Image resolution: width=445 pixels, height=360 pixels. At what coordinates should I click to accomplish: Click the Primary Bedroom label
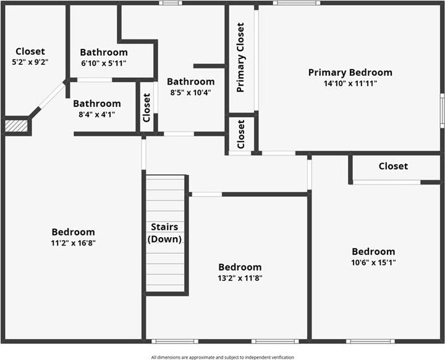350,73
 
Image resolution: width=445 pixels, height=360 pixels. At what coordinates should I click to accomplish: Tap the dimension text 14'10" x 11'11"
350,83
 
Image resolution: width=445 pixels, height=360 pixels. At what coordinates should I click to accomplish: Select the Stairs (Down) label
164,233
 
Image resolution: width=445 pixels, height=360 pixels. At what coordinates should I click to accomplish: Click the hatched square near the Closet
17,126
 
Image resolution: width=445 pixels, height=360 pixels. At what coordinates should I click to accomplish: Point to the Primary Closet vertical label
240,57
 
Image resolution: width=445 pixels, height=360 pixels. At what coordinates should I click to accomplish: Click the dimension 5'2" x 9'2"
30,62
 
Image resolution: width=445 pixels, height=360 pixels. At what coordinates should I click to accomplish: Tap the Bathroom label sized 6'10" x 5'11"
104,52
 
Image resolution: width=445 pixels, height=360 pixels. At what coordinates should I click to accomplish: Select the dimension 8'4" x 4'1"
97,115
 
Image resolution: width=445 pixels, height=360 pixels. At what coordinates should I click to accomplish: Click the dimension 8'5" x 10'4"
190,93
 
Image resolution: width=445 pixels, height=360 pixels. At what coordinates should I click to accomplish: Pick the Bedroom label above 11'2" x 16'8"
73,232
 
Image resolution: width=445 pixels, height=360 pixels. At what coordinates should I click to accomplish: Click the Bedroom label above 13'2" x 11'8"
240,267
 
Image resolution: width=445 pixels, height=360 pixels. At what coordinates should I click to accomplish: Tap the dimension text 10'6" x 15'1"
373,262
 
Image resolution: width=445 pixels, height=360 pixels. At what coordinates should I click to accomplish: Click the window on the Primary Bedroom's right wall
442,111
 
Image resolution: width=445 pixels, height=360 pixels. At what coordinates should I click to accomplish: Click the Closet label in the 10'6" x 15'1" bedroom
393,166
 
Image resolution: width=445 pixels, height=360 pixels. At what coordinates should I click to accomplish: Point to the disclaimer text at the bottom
222,357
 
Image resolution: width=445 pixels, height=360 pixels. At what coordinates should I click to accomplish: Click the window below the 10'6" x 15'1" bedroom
370,341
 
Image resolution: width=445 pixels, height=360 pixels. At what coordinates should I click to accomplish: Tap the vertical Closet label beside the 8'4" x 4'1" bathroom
146,107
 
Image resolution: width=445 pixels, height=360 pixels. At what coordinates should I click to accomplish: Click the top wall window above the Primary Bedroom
297,3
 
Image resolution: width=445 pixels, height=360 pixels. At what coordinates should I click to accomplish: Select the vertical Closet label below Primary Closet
240,134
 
